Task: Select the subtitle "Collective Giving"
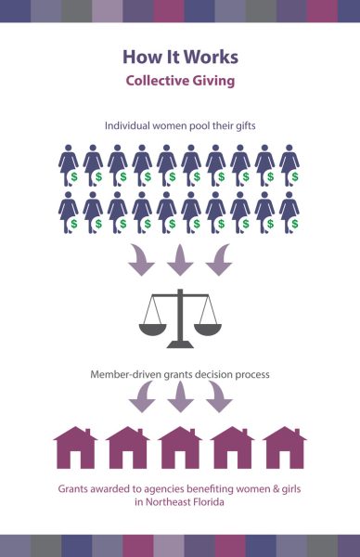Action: point(179,81)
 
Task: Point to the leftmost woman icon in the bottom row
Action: point(68,211)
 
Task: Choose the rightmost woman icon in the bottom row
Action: point(289,211)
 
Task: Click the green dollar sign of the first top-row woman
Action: point(74,176)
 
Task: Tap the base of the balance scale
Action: point(180,343)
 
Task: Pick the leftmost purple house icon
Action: point(75,447)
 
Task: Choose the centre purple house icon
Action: point(180,447)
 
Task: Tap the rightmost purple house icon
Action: point(285,447)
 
